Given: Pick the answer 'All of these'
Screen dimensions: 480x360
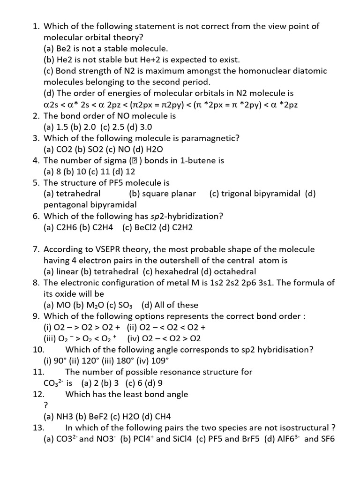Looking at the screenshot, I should [175, 305].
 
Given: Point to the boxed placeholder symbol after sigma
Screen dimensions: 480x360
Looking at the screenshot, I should [134, 161].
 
